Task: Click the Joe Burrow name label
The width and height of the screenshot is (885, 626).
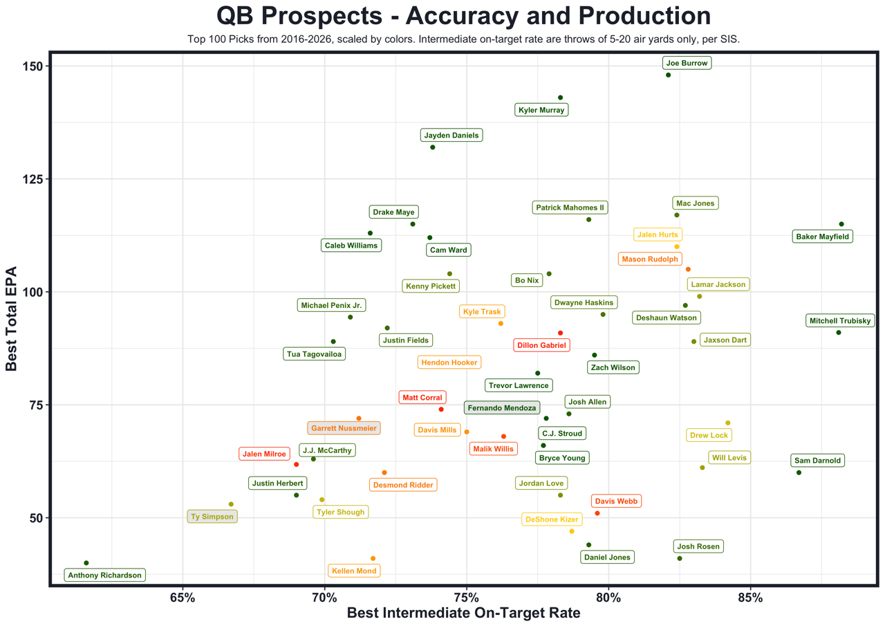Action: (687, 63)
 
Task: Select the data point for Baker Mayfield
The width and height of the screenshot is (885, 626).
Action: (841, 224)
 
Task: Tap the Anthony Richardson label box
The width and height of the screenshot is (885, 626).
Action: (104, 575)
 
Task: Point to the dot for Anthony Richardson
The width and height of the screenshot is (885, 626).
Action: (86, 563)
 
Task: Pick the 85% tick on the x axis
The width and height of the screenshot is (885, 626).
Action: (750, 597)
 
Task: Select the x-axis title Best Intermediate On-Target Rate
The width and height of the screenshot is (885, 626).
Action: (463, 613)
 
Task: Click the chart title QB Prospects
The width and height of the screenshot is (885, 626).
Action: (463, 16)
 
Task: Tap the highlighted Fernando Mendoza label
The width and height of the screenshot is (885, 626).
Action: (502, 408)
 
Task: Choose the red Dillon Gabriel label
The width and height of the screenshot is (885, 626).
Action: (541, 345)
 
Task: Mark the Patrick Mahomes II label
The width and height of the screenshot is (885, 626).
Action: (571, 208)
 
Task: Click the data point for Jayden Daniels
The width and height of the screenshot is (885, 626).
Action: (433, 147)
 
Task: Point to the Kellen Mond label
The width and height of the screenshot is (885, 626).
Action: (355, 571)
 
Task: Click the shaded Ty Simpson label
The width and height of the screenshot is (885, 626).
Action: (213, 516)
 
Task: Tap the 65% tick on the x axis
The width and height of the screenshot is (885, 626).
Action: (183, 597)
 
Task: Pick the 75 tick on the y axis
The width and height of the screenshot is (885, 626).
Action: (36, 405)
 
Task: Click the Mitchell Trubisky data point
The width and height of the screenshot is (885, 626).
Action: (839, 333)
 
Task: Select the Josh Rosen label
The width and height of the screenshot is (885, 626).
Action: (698, 546)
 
